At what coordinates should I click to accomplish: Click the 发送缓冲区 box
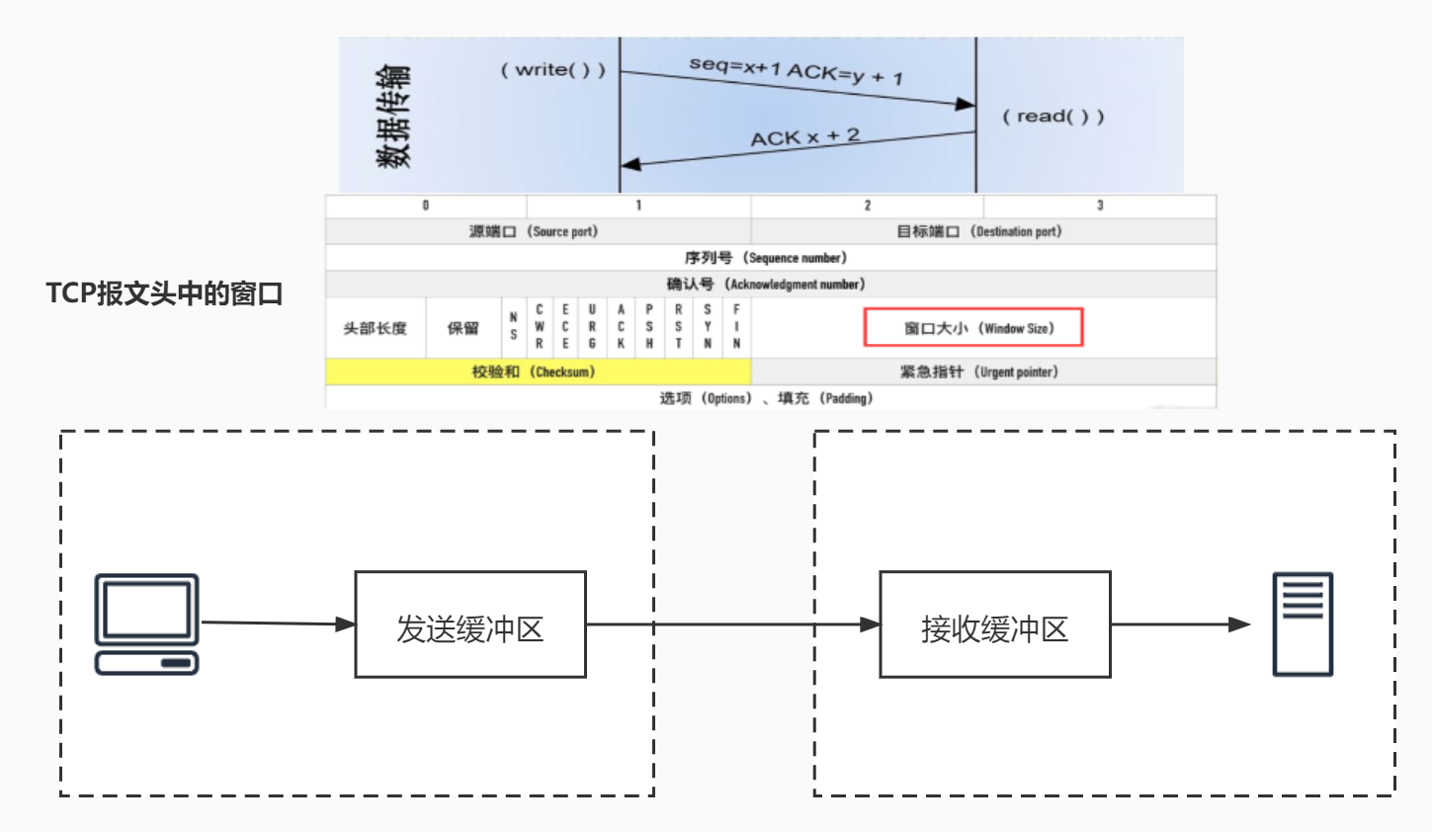[470, 624]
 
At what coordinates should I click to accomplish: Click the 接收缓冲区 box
[995, 624]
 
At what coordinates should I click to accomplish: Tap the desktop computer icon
[146, 624]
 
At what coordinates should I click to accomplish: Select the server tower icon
[1302, 624]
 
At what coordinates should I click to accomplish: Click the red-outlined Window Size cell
[973, 328]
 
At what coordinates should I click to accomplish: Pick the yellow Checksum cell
[538, 372]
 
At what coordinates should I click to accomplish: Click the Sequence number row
[770, 258]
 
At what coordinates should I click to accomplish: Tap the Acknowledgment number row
[770, 285]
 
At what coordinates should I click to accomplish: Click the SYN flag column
[708, 327]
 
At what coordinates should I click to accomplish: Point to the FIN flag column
[736, 327]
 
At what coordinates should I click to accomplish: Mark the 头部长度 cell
[376, 328]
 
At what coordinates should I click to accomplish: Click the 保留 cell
[463, 328]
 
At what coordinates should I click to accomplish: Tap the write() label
[552, 69]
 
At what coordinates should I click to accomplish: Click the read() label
[1053, 117]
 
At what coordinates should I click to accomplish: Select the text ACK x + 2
[804, 136]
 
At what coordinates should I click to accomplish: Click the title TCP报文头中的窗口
[164, 293]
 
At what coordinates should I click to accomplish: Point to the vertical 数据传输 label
[393, 117]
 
